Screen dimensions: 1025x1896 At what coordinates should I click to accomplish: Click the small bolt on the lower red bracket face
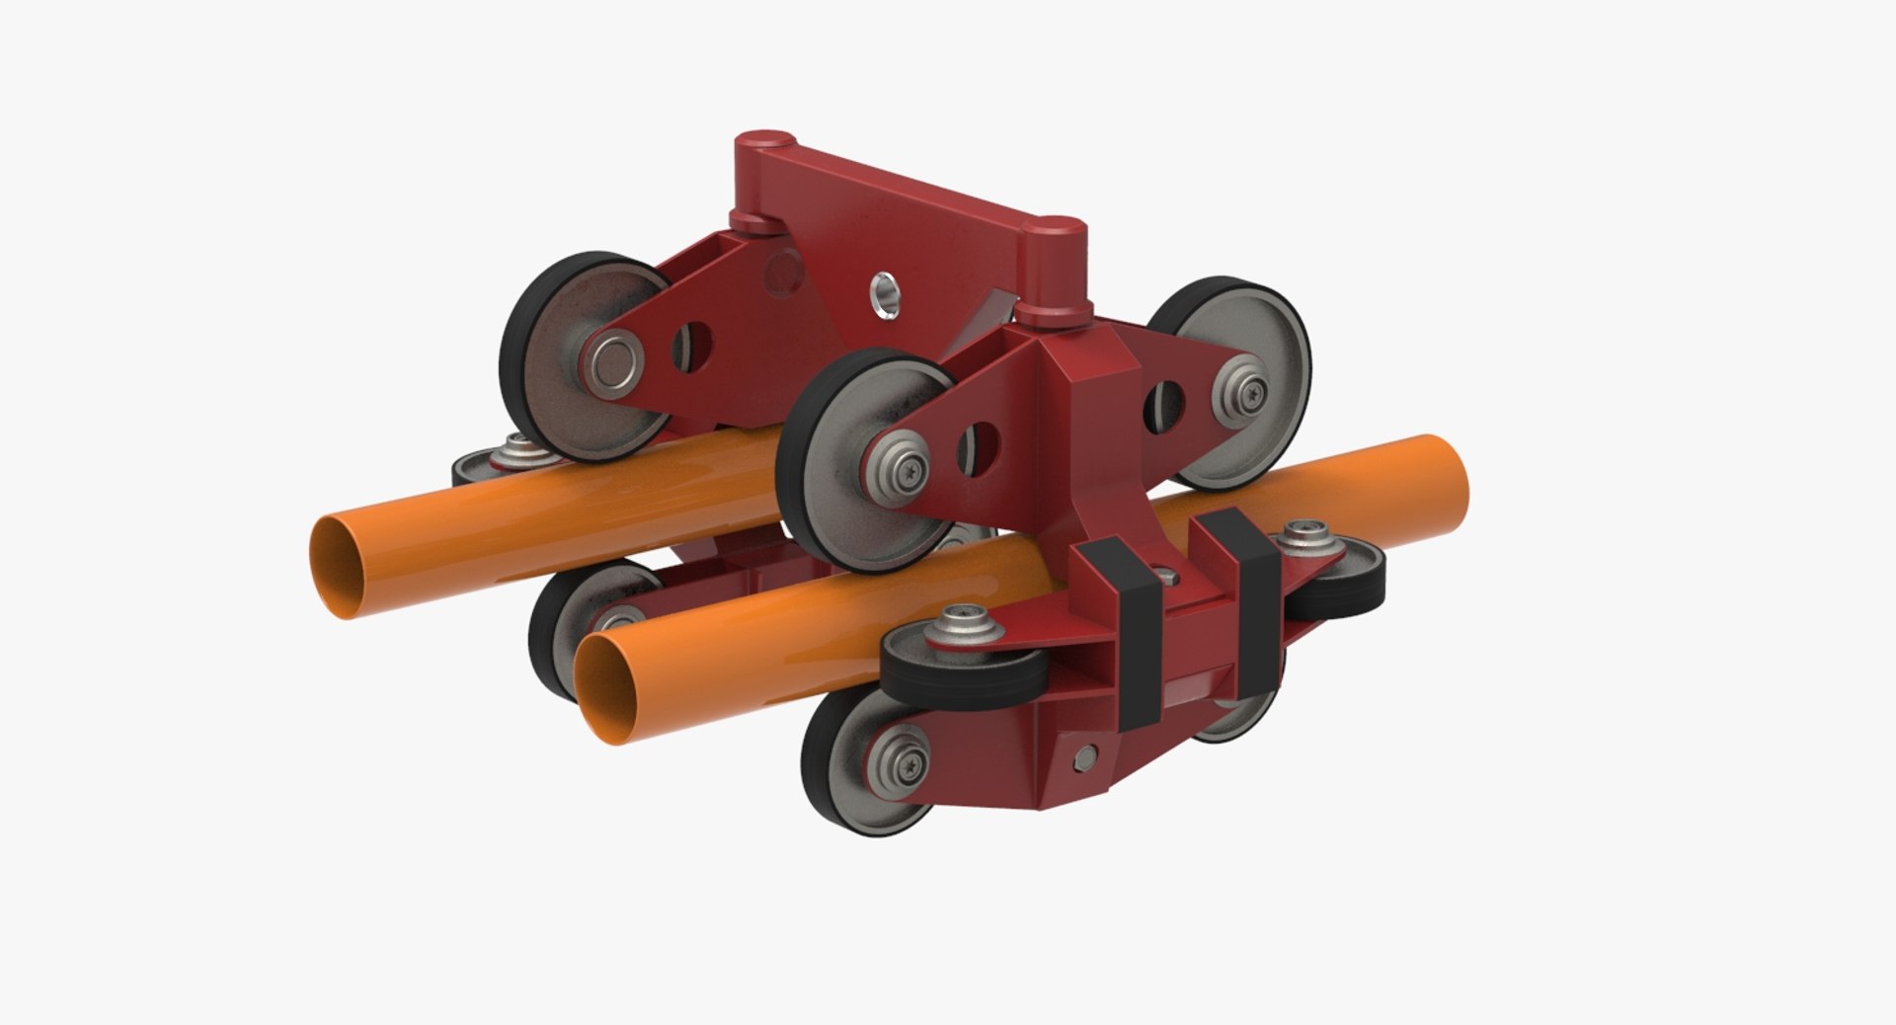[1084, 757]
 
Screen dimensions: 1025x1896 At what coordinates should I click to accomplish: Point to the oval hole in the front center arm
[978, 447]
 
